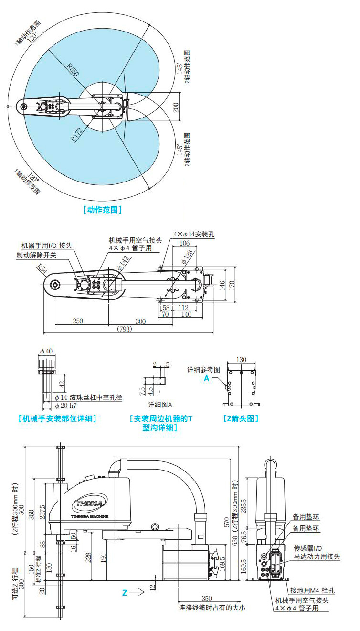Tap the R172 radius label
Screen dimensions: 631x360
tap(77, 135)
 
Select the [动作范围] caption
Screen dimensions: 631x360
tap(102, 209)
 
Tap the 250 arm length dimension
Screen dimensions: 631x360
tap(78, 321)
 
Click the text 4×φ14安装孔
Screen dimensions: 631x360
tap(194, 235)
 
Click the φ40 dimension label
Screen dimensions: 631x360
tap(46, 352)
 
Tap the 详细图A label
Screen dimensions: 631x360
tap(160, 405)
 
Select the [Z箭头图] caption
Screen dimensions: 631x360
tap(241, 419)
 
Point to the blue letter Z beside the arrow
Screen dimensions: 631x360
tap(125, 593)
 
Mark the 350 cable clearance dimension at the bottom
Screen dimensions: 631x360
tap(207, 598)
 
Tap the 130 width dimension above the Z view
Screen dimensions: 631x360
tap(241, 359)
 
